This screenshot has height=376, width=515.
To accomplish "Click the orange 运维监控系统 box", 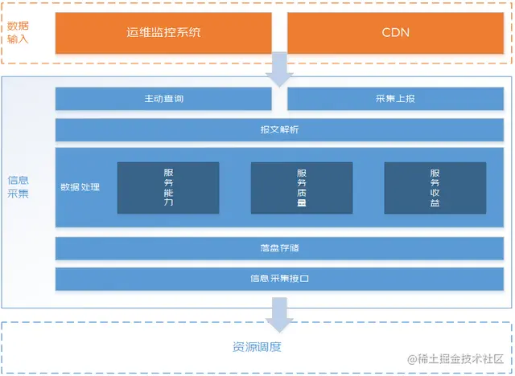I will tap(163, 33).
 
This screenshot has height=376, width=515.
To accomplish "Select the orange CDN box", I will tap(394, 33).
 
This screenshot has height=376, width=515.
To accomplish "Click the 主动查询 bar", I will tap(163, 99).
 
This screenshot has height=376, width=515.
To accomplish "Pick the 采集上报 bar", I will tap(394, 99).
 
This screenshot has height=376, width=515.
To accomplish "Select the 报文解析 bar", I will tap(279, 129).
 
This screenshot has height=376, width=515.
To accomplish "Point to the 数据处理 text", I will tap(80, 187).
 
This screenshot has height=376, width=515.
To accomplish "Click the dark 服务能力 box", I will tap(168, 188).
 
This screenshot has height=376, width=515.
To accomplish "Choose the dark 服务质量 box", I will tap(302, 188).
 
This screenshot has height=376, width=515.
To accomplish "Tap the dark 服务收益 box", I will tap(435, 188).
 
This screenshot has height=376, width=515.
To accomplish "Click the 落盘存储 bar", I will tap(279, 248).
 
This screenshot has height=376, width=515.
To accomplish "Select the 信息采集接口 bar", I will tap(279, 279).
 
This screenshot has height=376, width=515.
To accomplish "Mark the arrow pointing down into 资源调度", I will tap(279, 314).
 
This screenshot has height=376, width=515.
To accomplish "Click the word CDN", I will tap(394, 33).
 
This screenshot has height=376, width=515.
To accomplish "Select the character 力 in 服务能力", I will tap(168, 204).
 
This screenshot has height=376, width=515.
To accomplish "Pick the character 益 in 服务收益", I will tap(435, 204).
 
